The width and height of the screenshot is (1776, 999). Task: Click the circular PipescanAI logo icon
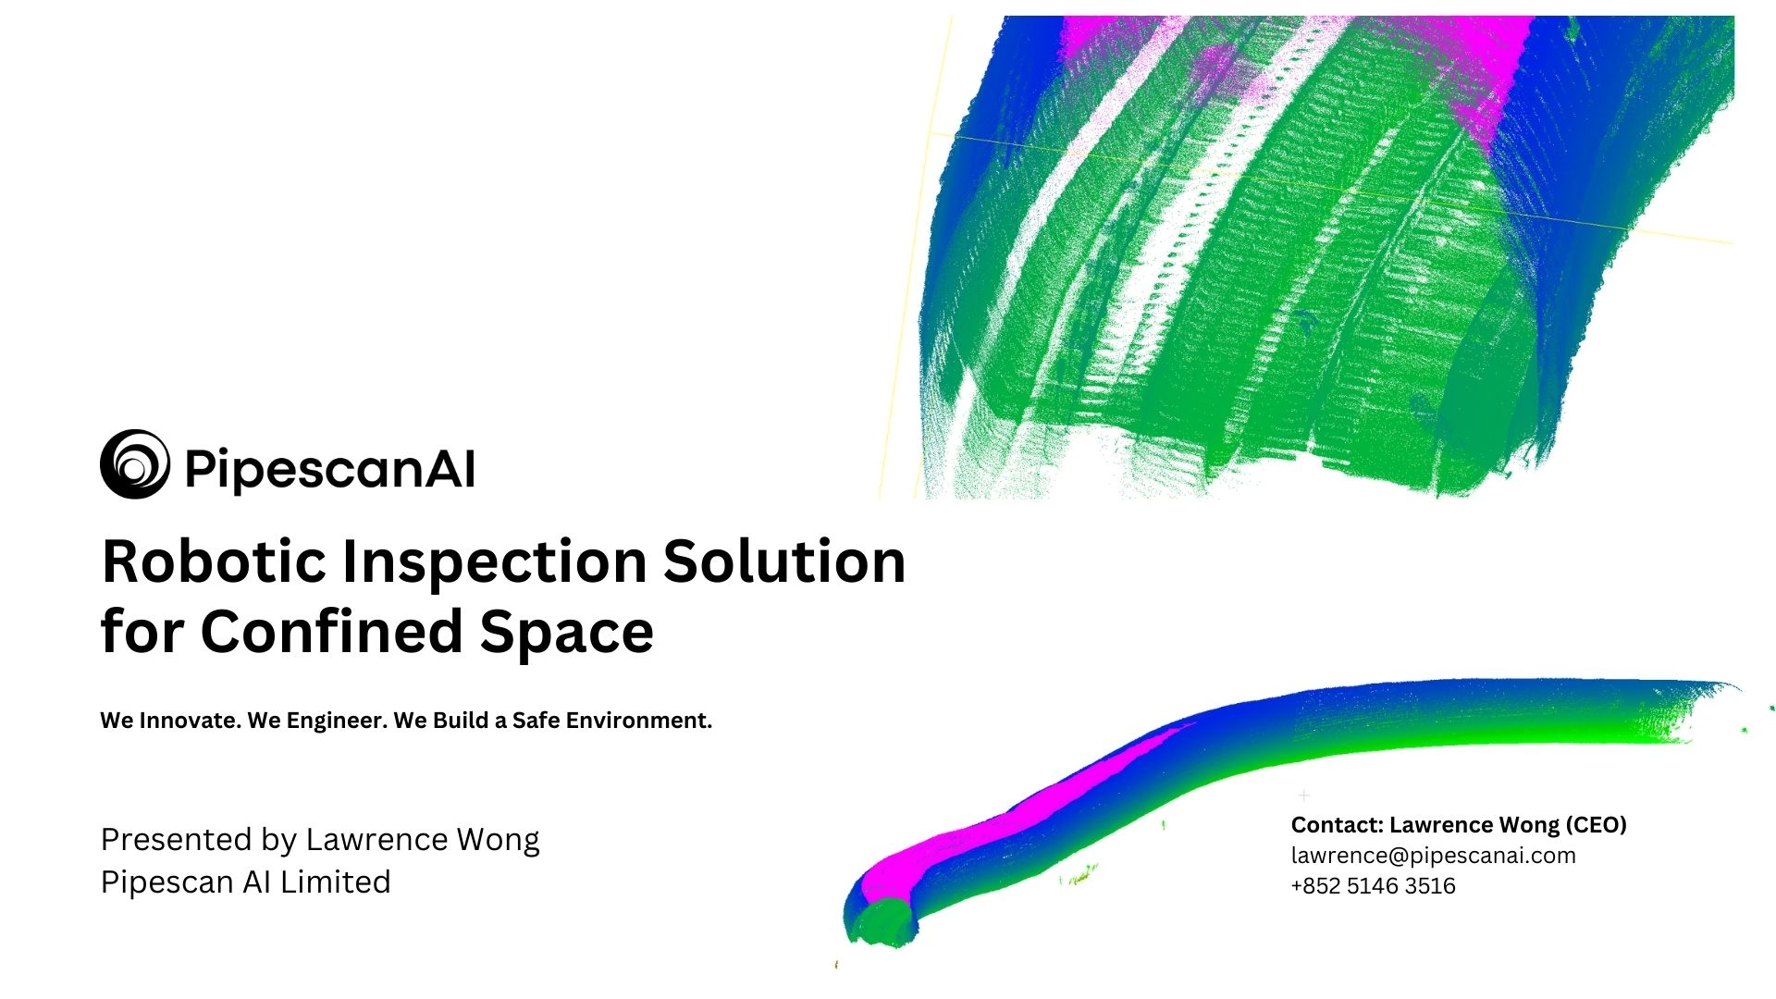click(x=135, y=464)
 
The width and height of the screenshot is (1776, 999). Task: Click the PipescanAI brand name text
click(x=330, y=469)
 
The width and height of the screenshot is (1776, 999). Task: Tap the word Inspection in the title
click(x=495, y=563)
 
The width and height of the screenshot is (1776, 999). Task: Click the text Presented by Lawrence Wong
click(x=320, y=840)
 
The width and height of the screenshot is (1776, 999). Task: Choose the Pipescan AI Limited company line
click(x=246, y=882)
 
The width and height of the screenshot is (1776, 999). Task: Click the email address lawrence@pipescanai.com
click(x=1434, y=856)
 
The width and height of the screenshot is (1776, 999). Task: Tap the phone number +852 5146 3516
click(x=1374, y=885)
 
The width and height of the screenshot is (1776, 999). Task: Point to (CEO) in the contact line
click(x=1596, y=824)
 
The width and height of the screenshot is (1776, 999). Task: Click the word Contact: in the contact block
click(x=1338, y=824)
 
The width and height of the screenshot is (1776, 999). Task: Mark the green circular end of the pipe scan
click(x=885, y=922)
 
